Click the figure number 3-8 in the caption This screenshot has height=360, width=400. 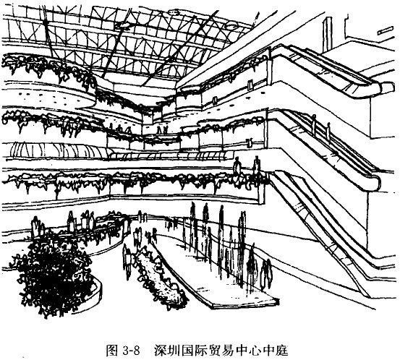coord(131,351)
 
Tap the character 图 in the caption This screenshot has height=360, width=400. coord(111,351)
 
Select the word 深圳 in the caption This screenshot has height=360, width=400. coord(167,351)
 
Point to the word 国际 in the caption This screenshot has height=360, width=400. coord(195,351)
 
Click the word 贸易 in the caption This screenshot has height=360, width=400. coord(221,351)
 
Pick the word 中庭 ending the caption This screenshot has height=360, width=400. coord(275,351)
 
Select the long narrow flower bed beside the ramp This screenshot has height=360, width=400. coord(159,277)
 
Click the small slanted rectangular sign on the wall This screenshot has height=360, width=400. coord(386,31)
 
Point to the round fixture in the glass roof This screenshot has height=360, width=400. coord(231,25)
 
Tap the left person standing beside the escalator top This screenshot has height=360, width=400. coord(237,167)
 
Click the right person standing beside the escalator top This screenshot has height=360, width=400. coord(256,166)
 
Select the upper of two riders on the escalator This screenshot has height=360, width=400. coord(314,124)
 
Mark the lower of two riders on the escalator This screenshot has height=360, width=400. coord(328,132)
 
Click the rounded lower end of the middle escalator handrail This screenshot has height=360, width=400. coord(377,182)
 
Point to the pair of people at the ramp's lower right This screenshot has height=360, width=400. coord(265,274)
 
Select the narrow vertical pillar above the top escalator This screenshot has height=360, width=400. coord(327,35)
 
